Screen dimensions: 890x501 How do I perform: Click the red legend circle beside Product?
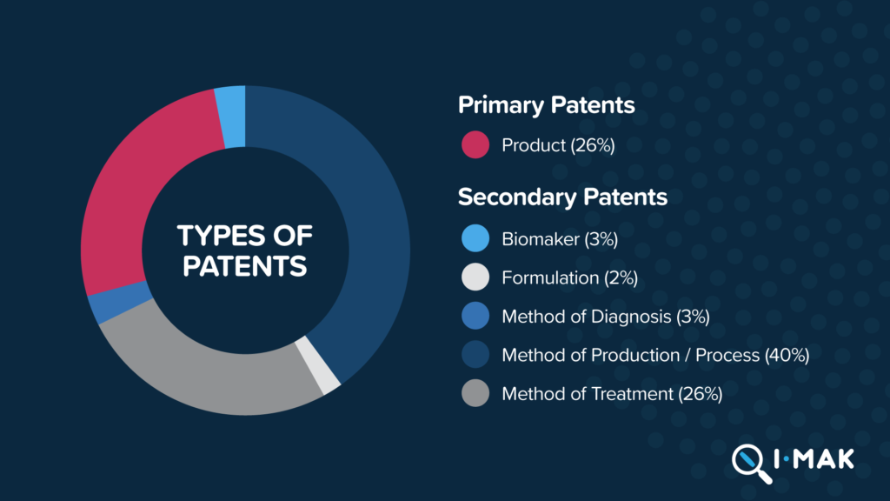475,145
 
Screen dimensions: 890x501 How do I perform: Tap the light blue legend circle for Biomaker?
475,238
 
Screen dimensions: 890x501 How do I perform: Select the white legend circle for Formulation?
475,277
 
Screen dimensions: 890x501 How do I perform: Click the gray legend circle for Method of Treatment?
475,393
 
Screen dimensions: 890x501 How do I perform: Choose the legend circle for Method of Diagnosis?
475,316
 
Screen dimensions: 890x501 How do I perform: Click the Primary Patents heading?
546,105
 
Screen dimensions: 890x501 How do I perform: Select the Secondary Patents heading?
562,197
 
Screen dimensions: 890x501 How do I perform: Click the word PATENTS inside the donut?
244,266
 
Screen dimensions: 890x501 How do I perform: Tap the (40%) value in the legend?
787,355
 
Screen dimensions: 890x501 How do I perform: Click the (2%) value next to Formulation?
621,277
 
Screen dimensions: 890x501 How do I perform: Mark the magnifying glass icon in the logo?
752,464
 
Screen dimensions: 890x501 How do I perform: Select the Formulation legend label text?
550,277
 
